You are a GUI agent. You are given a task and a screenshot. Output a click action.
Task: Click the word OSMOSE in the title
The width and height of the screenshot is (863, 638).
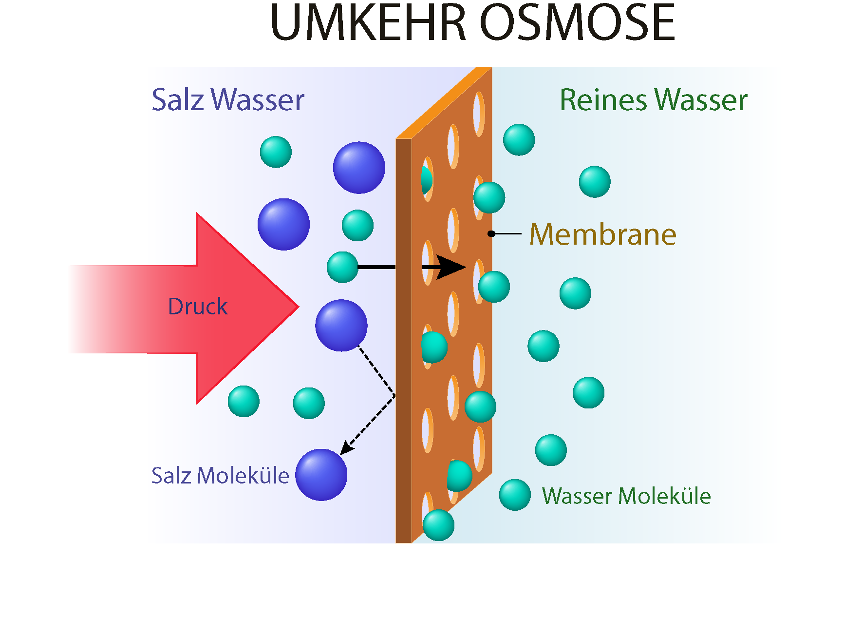click(x=578, y=23)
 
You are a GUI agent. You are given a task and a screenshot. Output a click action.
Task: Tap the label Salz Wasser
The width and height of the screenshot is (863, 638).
click(x=227, y=100)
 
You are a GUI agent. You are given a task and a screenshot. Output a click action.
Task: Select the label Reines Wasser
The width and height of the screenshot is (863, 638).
click(x=653, y=100)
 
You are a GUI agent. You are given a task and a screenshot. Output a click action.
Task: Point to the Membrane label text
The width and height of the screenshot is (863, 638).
click(x=602, y=234)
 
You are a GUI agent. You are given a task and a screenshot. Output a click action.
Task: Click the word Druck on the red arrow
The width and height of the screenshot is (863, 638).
click(x=197, y=307)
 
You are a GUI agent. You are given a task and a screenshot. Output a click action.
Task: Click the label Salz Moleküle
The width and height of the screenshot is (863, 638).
click(x=220, y=476)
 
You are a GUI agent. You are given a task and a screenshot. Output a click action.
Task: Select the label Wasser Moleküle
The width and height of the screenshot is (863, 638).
click(x=626, y=496)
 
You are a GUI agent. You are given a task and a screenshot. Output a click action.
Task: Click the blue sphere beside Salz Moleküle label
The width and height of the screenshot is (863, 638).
click(x=321, y=475)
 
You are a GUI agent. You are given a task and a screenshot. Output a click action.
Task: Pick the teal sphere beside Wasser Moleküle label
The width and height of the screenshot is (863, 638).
click(x=515, y=495)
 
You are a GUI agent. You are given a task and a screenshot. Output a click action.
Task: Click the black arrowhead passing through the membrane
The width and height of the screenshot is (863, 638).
click(x=450, y=267)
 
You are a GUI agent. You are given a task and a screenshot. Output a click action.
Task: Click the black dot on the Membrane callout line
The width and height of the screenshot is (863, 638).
click(x=491, y=234)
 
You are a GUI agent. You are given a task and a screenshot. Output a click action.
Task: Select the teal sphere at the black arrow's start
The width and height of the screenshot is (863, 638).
click(x=342, y=267)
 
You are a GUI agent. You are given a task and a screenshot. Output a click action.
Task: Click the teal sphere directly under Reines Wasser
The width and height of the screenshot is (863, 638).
click(x=595, y=182)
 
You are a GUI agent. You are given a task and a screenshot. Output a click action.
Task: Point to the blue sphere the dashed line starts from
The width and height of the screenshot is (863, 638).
click(x=341, y=325)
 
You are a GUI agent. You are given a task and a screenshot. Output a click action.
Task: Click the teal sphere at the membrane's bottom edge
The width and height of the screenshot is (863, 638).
click(x=438, y=525)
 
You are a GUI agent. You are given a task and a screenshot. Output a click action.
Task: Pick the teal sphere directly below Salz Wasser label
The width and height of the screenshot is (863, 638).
click(x=276, y=152)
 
